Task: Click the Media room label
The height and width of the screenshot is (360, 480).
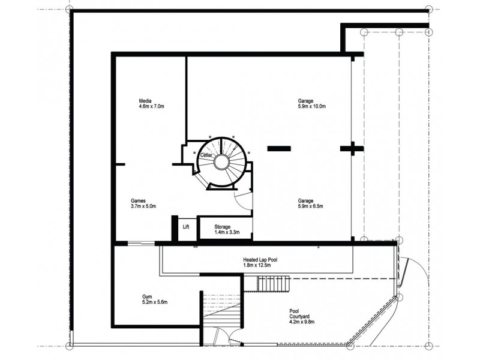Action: pos(145,101)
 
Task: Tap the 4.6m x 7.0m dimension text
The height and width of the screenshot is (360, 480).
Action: pos(152,106)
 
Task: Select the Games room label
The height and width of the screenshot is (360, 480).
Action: pos(138,201)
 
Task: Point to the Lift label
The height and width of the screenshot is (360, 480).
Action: pos(186,227)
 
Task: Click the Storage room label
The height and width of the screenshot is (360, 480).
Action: pos(222,227)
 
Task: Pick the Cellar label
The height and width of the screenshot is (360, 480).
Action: pos(206,155)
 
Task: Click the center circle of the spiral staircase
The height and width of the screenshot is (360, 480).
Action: pos(221,162)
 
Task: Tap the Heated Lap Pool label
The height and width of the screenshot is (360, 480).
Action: pos(260,260)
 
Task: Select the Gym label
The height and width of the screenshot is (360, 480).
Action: pos(147,296)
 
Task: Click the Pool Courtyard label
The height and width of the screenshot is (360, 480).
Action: pos(299,314)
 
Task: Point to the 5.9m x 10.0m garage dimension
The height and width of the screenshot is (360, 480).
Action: pos(312,106)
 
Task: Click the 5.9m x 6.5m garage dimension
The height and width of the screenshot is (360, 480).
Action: pos(310,206)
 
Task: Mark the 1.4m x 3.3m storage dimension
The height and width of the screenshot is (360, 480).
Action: pos(227,232)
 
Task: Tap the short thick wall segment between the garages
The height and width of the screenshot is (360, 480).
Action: pos(279,149)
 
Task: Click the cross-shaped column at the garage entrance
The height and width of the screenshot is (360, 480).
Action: pos(352,149)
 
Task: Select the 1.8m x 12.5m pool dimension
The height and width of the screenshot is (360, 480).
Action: pos(257,265)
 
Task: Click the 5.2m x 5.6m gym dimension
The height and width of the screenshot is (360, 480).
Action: pos(155,302)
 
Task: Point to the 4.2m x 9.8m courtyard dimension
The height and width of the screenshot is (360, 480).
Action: pos(302,322)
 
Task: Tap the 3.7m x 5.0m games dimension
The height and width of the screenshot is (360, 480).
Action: pos(143,206)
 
